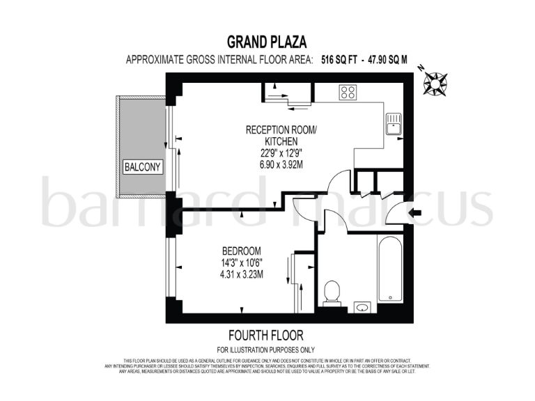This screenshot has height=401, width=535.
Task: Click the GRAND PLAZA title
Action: (x=267, y=42)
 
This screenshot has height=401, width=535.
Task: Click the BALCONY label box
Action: (x=142, y=167)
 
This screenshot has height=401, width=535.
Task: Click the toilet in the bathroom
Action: (x=332, y=292)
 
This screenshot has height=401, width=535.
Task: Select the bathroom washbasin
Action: (x=362, y=307)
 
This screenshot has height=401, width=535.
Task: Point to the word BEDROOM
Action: (x=241, y=251)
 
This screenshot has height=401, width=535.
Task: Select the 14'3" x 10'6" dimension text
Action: (x=241, y=262)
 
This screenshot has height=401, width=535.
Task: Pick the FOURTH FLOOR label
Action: (x=266, y=336)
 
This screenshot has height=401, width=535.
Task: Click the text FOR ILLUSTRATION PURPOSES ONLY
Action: (x=266, y=349)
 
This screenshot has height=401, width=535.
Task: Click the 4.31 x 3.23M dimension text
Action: (x=241, y=274)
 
